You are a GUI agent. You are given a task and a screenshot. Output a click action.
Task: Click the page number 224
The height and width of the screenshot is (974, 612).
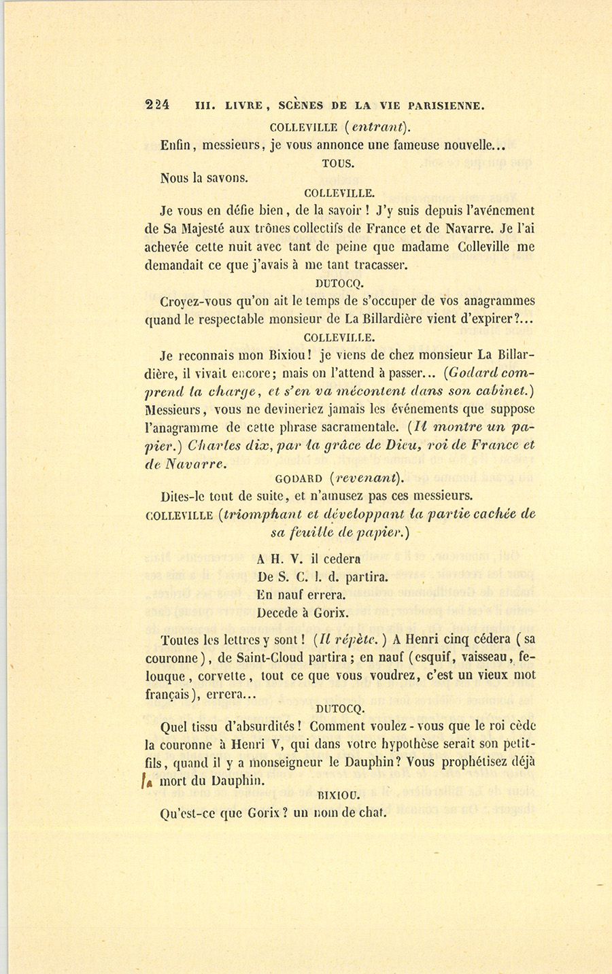(157, 105)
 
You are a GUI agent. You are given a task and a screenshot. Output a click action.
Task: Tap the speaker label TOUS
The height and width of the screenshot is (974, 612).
(339, 163)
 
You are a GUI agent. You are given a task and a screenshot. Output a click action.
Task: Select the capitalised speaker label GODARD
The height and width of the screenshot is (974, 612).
(299, 478)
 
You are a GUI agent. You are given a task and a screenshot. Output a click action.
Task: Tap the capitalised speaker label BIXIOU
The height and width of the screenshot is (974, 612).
(339, 794)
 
